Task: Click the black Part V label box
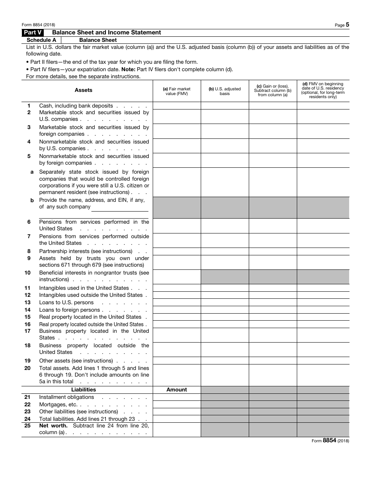(x=32, y=32)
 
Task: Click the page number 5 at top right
(x=347, y=25)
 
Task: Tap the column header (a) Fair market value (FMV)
(x=177, y=91)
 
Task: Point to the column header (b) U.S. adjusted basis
(x=225, y=91)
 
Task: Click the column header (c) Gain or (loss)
(x=273, y=90)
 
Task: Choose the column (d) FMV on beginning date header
(x=323, y=90)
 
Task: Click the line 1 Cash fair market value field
(x=177, y=106)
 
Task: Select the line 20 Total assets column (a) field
(x=177, y=375)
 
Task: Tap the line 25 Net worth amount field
(x=177, y=429)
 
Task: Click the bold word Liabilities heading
(x=84, y=389)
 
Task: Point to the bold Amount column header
(x=177, y=389)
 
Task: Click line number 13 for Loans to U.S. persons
(x=28, y=302)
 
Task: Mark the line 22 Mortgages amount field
(x=177, y=404)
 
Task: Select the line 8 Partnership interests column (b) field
(x=225, y=251)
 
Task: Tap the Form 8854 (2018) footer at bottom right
(x=330, y=440)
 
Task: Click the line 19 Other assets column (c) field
(x=273, y=361)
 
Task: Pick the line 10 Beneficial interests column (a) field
(x=177, y=276)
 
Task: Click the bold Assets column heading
(x=84, y=90)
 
